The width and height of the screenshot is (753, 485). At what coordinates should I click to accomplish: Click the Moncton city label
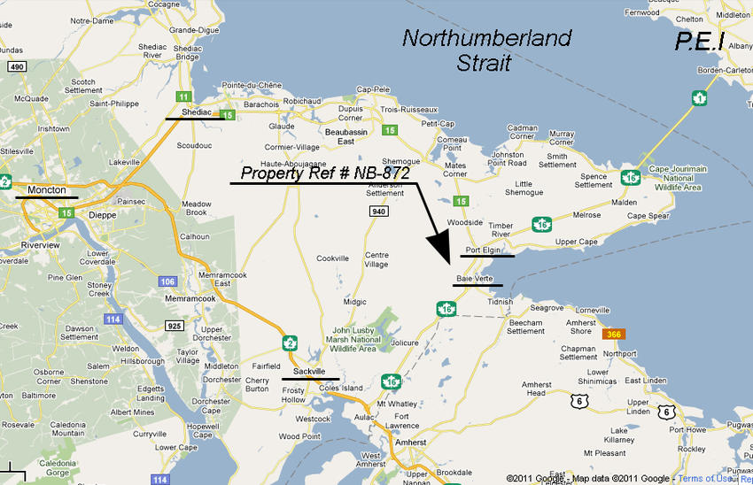pos(47,189)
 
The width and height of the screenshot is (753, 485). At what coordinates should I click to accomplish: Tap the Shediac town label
pos(197,113)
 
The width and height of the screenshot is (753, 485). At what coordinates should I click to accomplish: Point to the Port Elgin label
pos(484,250)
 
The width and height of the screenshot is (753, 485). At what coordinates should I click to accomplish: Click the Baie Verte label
pos(474,279)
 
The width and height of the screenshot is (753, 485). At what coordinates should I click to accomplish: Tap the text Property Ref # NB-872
pos(325,173)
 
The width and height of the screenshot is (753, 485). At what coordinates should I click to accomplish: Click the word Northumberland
pos(486,38)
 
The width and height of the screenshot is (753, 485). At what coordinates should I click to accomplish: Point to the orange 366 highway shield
pos(612,335)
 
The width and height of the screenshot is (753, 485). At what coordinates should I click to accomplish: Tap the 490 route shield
pos(15,66)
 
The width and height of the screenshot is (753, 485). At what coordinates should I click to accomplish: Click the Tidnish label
pos(501,301)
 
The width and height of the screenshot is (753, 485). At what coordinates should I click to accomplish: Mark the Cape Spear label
pos(648,215)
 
